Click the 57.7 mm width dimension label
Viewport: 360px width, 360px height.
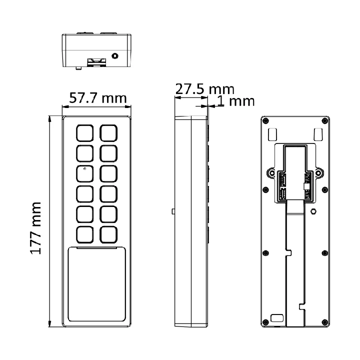pos(98,98)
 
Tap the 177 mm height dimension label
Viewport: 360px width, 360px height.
pos(35,228)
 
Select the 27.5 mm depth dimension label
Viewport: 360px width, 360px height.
pos(205,89)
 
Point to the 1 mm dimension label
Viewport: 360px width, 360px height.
pos(236,101)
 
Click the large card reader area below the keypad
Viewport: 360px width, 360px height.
pos(97,284)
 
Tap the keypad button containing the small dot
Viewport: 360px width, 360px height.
pos(84,173)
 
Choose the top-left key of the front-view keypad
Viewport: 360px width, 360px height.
pos(84,133)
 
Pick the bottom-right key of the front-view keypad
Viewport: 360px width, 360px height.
pos(108,234)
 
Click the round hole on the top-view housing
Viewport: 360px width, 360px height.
pos(115,56)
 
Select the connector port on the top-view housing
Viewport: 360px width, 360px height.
pos(97,62)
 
